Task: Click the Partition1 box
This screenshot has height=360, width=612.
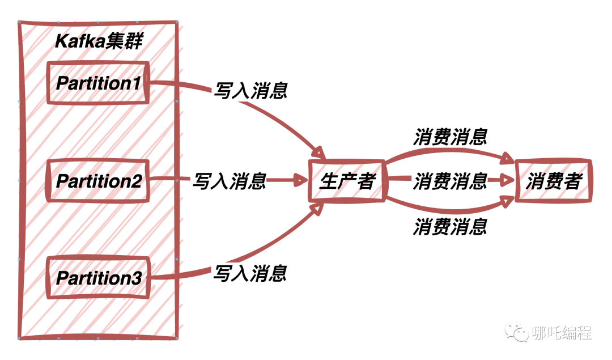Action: [98, 83]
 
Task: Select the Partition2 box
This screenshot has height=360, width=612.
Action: [98, 181]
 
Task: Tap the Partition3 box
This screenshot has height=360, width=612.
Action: [98, 278]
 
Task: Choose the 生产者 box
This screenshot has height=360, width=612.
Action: [347, 181]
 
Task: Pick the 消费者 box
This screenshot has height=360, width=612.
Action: [553, 181]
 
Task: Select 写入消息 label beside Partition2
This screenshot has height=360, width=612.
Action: [229, 181]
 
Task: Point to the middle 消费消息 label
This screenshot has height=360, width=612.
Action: [450, 181]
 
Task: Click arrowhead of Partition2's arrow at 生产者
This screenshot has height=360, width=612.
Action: [299, 181]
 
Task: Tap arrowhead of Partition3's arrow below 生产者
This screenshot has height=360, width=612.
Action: [319, 208]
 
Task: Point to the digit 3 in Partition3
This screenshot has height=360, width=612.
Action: [135, 278]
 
